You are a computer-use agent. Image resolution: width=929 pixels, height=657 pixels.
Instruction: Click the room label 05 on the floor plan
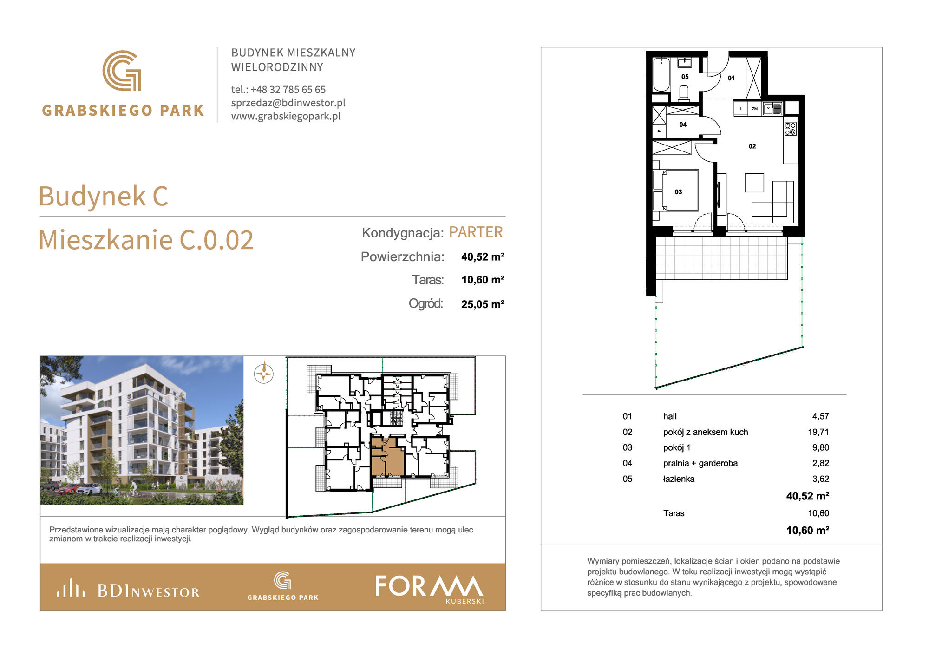pyautogui.click(x=685, y=77)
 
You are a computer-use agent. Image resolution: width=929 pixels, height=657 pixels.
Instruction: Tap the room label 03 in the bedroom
pyautogui.click(x=678, y=192)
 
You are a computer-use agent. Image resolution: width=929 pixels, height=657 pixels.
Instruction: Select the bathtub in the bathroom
pyautogui.click(x=661, y=74)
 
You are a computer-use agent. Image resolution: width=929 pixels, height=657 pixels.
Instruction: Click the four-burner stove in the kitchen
pyautogui.click(x=790, y=129)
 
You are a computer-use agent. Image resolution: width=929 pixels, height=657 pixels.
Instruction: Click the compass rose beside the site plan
pyautogui.click(x=264, y=373)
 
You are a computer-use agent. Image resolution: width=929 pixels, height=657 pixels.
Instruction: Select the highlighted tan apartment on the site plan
pyautogui.click(x=387, y=457)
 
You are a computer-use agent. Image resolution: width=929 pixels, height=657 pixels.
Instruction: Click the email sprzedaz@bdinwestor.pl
pyautogui.click(x=288, y=103)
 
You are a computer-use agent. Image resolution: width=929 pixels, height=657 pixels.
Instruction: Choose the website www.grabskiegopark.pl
pyautogui.click(x=286, y=116)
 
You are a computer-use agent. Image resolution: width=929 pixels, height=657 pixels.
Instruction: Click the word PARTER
pyautogui.click(x=476, y=232)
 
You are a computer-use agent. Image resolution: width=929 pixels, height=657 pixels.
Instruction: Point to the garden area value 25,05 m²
pyautogui.click(x=483, y=304)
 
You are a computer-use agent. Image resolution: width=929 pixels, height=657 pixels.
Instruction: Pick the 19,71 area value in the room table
pyautogui.click(x=818, y=432)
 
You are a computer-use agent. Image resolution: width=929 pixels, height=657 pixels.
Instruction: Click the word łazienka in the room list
pyautogui.click(x=679, y=479)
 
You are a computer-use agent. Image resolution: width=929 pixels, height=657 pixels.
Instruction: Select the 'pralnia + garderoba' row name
pyautogui.click(x=700, y=463)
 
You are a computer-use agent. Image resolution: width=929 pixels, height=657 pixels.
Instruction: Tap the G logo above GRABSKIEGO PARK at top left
pyautogui.click(x=122, y=71)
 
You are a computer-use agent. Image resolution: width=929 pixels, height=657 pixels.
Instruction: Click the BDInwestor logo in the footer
pyautogui.click(x=128, y=588)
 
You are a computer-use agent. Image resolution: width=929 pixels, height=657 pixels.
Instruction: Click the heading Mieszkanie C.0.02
pyautogui.click(x=146, y=240)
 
